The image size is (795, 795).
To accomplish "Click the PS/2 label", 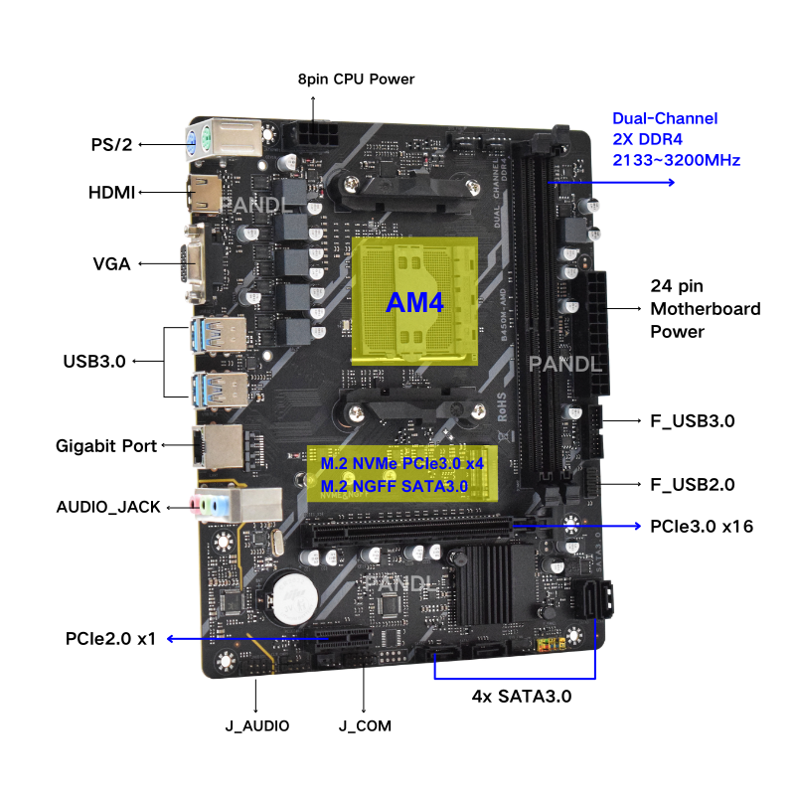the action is pos(111,144).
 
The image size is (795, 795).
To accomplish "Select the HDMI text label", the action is pos(111,192).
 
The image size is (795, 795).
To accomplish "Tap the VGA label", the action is pos(112,264).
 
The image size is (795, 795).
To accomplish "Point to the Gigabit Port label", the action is pos(106,446).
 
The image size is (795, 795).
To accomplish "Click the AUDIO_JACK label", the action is pos(108,507).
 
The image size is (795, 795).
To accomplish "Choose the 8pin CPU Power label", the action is pos(356,79).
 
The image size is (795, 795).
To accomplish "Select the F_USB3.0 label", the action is pos(692,421).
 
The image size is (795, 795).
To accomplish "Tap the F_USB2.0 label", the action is pos(692,485).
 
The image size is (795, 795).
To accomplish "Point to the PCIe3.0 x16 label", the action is pos(701,525).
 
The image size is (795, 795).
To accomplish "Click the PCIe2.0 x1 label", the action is pos(111,638).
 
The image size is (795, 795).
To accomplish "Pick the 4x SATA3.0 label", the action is pos(521,697).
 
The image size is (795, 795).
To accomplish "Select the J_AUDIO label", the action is pos(256,726).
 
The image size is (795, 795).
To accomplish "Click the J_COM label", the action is pos(365,726).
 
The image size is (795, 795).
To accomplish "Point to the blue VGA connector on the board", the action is pos(191,265).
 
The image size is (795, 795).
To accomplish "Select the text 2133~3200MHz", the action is pos(676,160).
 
